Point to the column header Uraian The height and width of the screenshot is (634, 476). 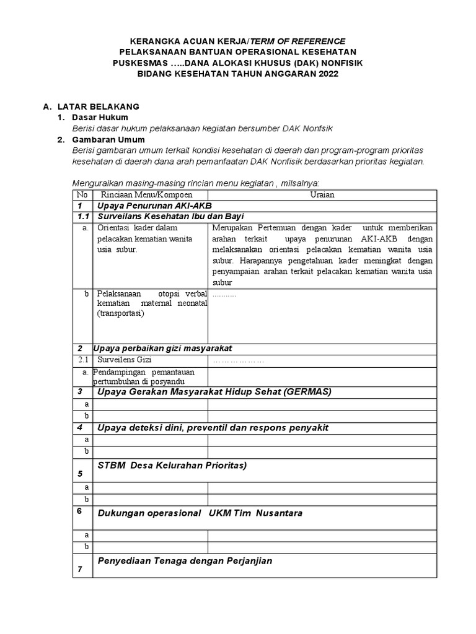[x=322, y=194]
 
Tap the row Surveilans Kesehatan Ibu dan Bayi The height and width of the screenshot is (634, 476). [x=170, y=217]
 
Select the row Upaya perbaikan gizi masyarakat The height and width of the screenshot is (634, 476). [x=162, y=348]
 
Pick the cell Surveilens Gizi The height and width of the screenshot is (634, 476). [x=124, y=360]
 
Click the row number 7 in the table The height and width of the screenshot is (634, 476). [x=80, y=570]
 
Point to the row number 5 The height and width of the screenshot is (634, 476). [x=80, y=474]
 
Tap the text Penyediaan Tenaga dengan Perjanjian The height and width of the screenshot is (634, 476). [x=185, y=561]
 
